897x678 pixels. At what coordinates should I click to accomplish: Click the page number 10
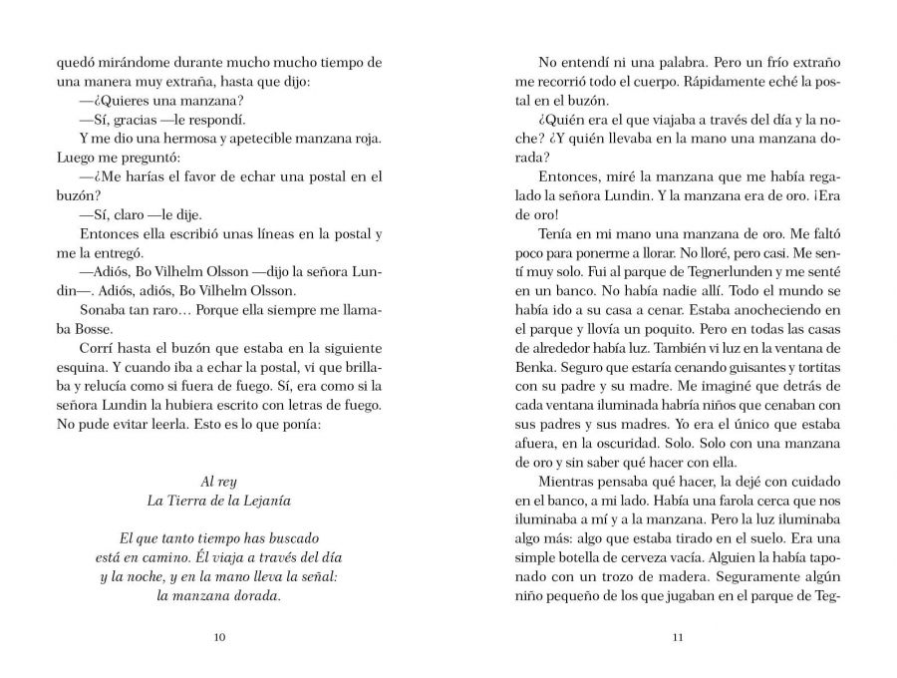coord(219,638)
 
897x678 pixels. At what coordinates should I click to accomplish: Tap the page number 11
coord(678,638)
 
